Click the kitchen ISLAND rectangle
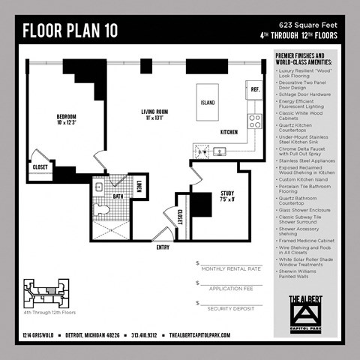[x=208, y=102]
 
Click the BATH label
[x=118, y=196]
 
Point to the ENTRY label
[x=163, y=247]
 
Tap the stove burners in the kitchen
[x=255, y=120]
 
